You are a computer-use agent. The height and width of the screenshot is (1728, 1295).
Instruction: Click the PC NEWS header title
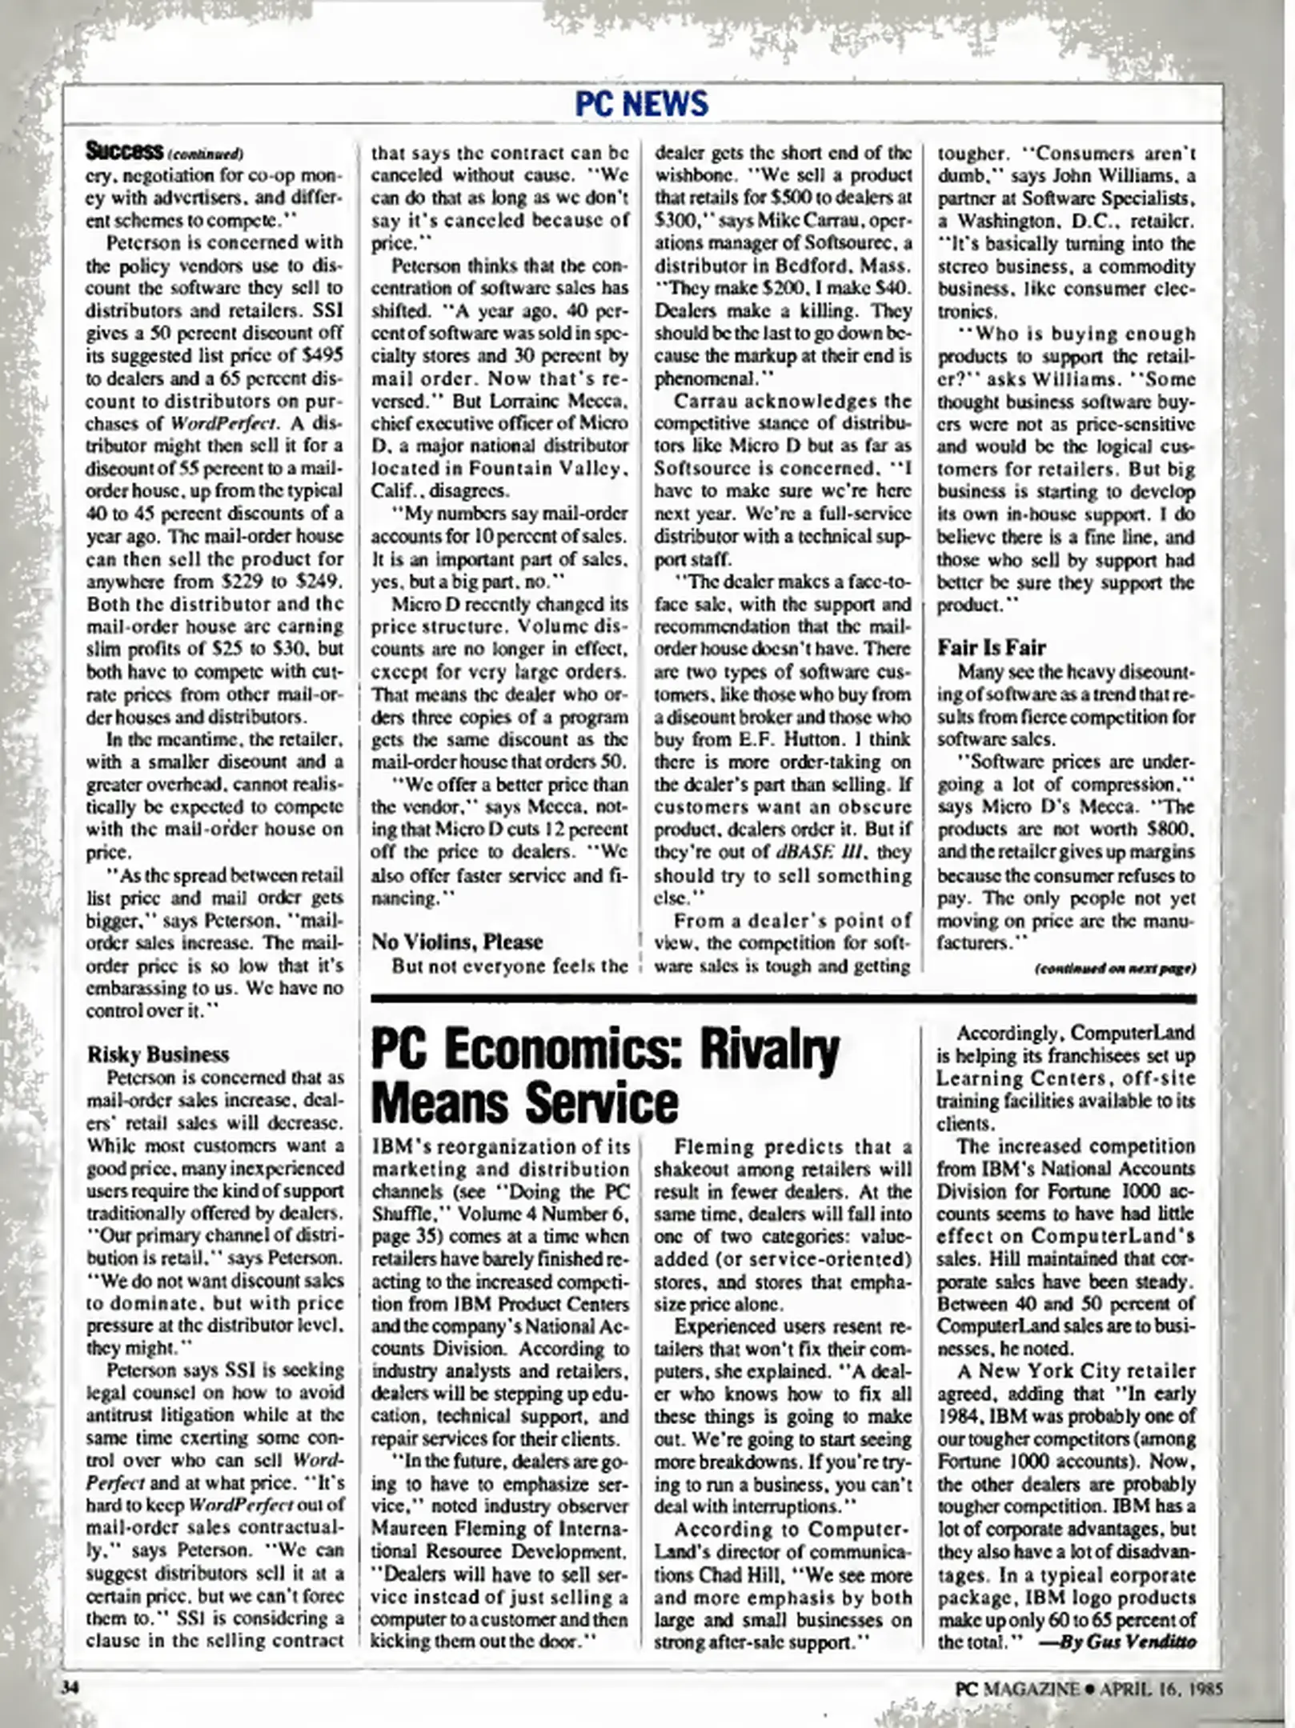642,104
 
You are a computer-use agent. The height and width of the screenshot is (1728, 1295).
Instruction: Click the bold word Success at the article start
124,150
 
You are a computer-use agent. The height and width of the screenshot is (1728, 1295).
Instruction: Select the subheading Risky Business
158,1054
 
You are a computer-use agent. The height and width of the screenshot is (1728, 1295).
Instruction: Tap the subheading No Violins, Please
457,942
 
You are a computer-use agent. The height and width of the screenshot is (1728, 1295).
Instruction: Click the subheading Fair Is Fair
992,647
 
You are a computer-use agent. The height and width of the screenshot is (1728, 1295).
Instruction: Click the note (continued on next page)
1115,969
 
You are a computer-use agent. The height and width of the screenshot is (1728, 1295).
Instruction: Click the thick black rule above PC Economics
784,998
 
